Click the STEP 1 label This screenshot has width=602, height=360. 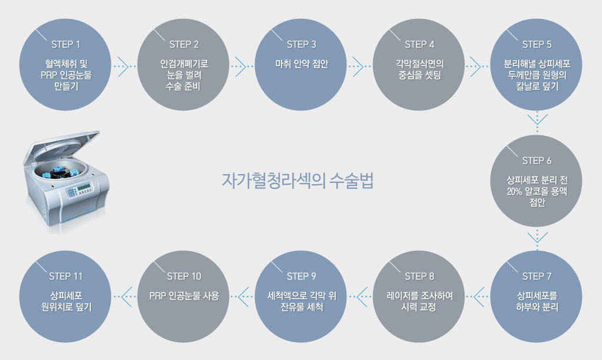(x=66, y=44)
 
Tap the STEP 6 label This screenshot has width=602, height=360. (x=536, y=161)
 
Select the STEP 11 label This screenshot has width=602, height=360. (x=66, y=276)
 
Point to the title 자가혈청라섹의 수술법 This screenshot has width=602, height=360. (x=297, y=181)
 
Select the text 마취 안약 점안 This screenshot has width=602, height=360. (x=302, y=64)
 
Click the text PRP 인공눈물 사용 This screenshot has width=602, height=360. (x=184, y=296)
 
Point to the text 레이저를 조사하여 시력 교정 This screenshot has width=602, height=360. (x=419, y=301)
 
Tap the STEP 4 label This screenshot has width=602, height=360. (x=419, y=44)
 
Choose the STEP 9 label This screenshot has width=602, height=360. (x=301, y=276)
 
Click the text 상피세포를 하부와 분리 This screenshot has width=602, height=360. (x=536, y=301)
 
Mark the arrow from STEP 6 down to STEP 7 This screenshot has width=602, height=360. (x=537, y=237)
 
